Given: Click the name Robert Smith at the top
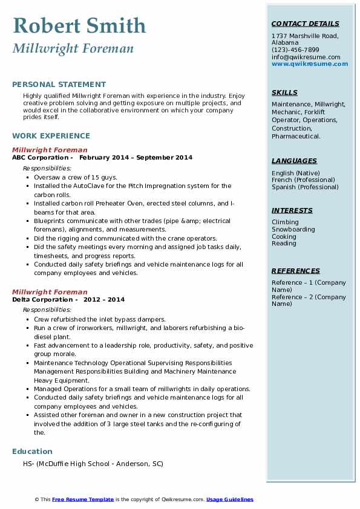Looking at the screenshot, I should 79,25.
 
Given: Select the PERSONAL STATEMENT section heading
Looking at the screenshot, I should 59,85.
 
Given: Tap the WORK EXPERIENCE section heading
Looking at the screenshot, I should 51,136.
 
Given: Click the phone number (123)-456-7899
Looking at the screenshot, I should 295,50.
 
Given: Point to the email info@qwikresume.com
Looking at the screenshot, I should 306,57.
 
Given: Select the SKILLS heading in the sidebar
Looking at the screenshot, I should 284,93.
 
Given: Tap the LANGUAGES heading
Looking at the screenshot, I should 294,161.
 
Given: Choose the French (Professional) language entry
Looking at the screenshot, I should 303,180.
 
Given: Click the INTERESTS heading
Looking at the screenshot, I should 292,211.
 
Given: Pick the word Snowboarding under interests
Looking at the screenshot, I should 293,230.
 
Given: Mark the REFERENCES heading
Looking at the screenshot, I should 295,271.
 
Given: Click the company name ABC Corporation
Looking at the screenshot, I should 41,158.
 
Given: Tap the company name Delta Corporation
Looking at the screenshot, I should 42,299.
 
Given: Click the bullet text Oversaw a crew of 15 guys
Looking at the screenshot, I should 76,178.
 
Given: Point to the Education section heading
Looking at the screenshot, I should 32,452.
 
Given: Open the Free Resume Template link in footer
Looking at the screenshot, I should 83,499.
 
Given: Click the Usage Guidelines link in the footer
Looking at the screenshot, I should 229,499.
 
